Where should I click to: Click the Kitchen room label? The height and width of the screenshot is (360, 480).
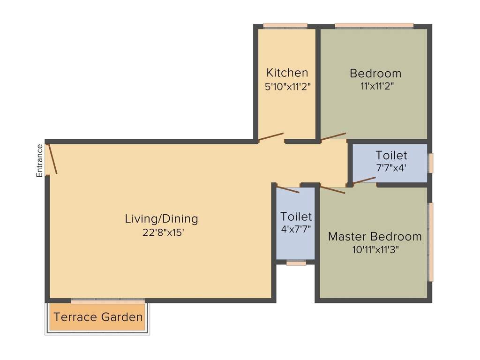pos(287,73)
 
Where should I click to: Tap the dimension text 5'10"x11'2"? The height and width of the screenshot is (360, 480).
pos(287,86)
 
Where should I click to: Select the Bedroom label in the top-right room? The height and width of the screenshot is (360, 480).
pos(375,73)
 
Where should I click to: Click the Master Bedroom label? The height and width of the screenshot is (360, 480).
pos(375,236)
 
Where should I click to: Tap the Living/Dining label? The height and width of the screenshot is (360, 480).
pos(161,218)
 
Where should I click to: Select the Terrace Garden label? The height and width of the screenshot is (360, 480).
pos(98,317)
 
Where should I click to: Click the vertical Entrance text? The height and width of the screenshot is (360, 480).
pos(40,160)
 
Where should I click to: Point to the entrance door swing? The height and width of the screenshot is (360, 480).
pos(52,159)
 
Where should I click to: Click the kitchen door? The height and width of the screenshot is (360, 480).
pos(271,137)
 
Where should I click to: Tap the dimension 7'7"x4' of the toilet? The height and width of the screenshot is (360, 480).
pos(391,168)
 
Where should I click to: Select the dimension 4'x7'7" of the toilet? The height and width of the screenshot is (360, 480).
pos(296,229)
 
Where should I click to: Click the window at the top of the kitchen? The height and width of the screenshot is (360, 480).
pos(285,26)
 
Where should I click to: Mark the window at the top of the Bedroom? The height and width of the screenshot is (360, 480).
pos(374,26)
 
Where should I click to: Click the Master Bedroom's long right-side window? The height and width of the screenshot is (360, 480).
pos(430,242)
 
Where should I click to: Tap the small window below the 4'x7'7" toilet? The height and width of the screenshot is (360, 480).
pos(296,263)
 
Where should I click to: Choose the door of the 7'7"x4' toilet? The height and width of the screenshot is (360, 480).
pos(364,180)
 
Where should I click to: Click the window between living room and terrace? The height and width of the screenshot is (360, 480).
pos(108,300)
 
